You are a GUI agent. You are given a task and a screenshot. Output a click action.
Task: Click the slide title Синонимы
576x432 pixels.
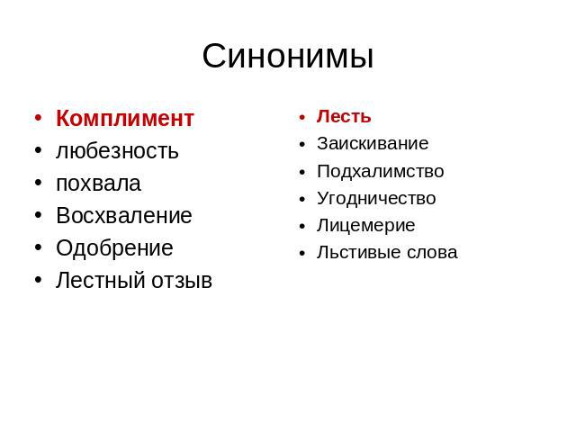pos(288,57)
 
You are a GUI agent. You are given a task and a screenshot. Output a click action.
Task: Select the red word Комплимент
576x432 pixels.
pos(125,118)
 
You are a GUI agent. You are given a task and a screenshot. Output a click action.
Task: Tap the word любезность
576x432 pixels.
pos(117,151)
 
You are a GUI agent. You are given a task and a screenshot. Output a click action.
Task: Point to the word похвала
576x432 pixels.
pos(98,184)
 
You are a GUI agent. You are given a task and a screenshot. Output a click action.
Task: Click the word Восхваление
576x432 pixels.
pos(124,215)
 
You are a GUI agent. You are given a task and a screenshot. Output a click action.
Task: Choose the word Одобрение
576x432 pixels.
pos(114,248)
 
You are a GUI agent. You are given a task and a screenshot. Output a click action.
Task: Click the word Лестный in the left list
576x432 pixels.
pos(101,280)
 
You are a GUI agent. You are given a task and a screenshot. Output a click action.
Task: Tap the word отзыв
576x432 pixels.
pos(182,281)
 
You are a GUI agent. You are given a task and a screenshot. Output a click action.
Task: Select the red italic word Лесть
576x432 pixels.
pos(344,116)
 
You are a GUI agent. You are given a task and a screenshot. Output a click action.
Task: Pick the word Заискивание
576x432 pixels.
pos(373,143)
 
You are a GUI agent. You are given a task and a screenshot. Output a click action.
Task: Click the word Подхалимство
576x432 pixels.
pos(381,172)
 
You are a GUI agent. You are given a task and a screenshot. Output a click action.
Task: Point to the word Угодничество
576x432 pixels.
pos(376,199)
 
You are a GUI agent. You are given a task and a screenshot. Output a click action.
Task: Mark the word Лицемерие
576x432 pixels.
pos(366,226)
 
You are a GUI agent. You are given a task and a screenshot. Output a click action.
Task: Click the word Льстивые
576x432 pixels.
pos(358,252)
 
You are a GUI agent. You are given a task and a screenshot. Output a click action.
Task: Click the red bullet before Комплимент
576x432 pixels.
pos(38,118)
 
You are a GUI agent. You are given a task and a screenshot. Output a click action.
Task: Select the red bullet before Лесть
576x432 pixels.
pos(302,118)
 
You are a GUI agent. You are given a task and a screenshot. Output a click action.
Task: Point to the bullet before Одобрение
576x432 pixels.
pos(38,247)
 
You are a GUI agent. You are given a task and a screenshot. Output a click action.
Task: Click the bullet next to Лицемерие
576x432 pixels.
pos(302,226)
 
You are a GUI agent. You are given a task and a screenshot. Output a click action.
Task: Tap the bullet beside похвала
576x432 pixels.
pos(38,183)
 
